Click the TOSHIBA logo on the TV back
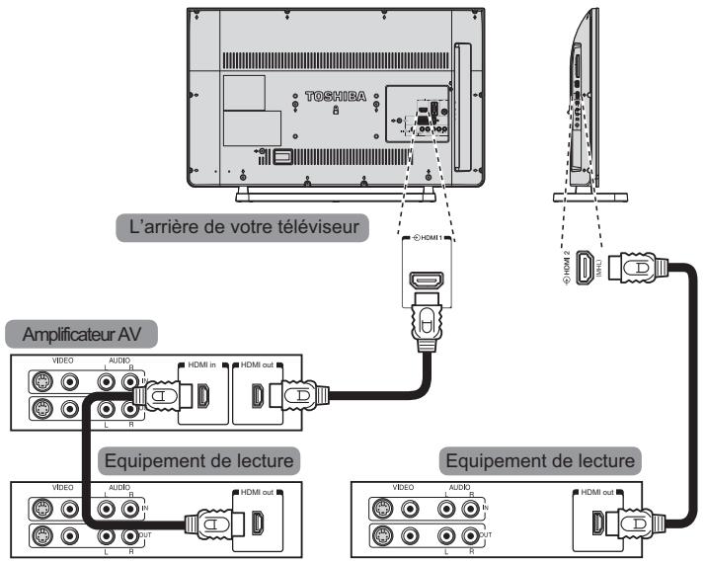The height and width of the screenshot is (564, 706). coord(337,97)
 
